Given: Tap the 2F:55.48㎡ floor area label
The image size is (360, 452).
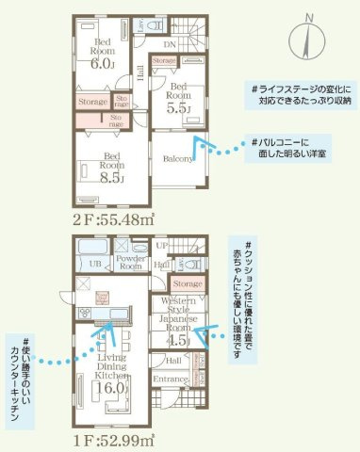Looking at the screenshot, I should pyautogui.click(x=110, y=220).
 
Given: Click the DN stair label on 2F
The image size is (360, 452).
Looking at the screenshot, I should pyautogui.click(x=171, y=44).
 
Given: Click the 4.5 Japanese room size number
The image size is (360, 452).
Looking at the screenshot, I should pyautogui.click(x=177, y=341).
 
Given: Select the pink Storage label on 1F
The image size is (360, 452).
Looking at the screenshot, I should pyautogui.click(x=188, y=282).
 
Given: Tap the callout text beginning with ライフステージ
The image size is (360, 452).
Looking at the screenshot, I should pyautogui.click(x=302, y=93).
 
